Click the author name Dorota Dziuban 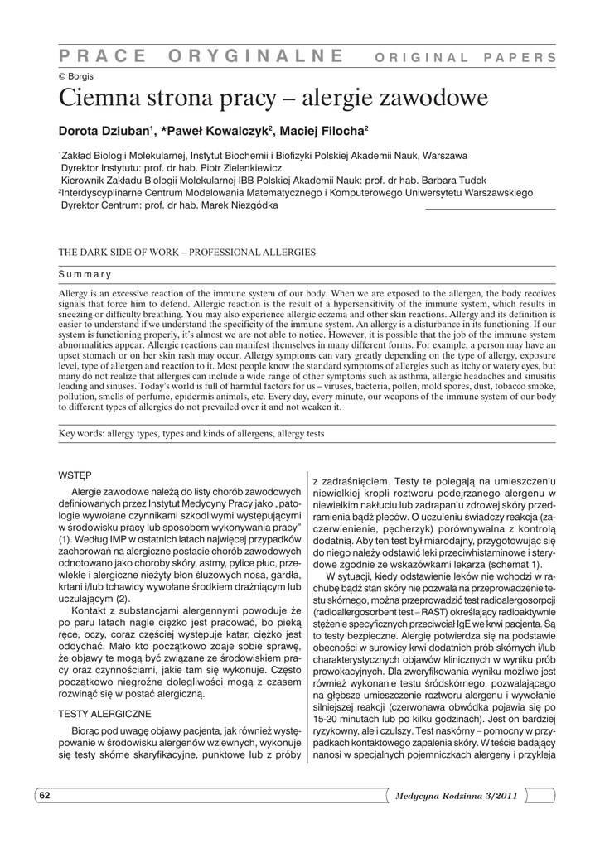coord(103,131)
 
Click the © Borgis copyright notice coord(75,75)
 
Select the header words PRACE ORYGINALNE coord(201,55)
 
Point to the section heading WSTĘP coord(73,475)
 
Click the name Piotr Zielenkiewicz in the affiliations coord(214,166)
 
